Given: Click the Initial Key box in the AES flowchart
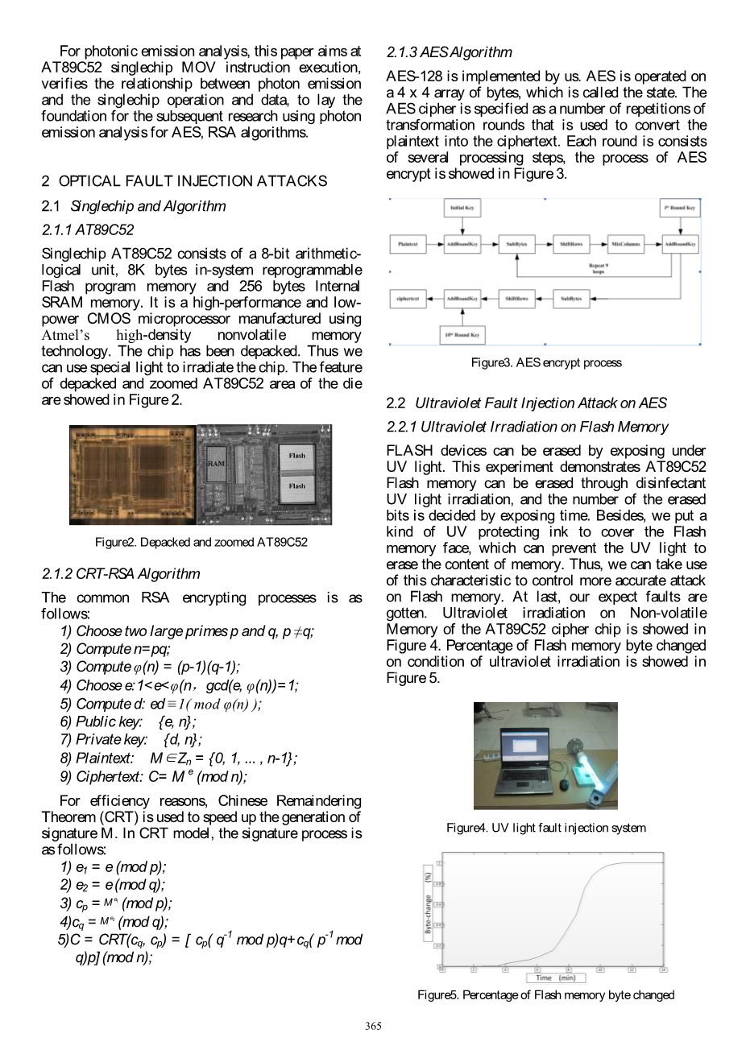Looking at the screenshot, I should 462,208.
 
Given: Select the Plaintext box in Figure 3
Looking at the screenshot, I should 408,243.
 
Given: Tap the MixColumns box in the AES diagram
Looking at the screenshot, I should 626,243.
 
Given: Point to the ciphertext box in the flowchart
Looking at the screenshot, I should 408,299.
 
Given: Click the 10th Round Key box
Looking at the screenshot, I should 462,334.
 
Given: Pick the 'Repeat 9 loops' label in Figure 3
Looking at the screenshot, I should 598,268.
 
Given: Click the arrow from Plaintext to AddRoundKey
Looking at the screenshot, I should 435,243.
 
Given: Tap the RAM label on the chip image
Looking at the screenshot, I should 216,464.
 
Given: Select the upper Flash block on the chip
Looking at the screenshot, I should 296,457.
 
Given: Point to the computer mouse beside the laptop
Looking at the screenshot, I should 564,784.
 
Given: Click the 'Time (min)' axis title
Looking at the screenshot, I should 556,978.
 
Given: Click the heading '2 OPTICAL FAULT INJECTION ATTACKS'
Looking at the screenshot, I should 184,181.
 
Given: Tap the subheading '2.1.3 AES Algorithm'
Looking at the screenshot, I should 449,52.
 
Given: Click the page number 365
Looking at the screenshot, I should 373,1026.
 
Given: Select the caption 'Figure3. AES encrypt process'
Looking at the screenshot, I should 546,362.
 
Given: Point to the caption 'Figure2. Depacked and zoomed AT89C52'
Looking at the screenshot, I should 201,542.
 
